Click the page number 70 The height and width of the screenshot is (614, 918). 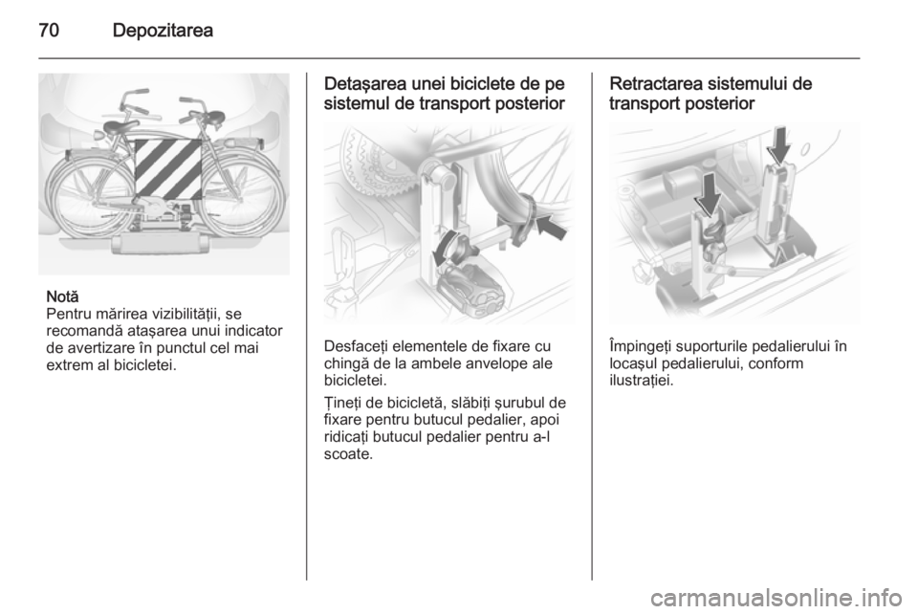[x=49, y=30]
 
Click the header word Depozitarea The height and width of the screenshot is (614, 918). [x=163, y=31]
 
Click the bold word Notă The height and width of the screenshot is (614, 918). [x=62, y=296]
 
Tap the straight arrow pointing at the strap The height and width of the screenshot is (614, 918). [x=552, y=227]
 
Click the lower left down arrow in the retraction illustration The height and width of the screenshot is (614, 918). [x=708, y=193]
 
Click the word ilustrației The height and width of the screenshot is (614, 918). [x=641, y=381]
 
